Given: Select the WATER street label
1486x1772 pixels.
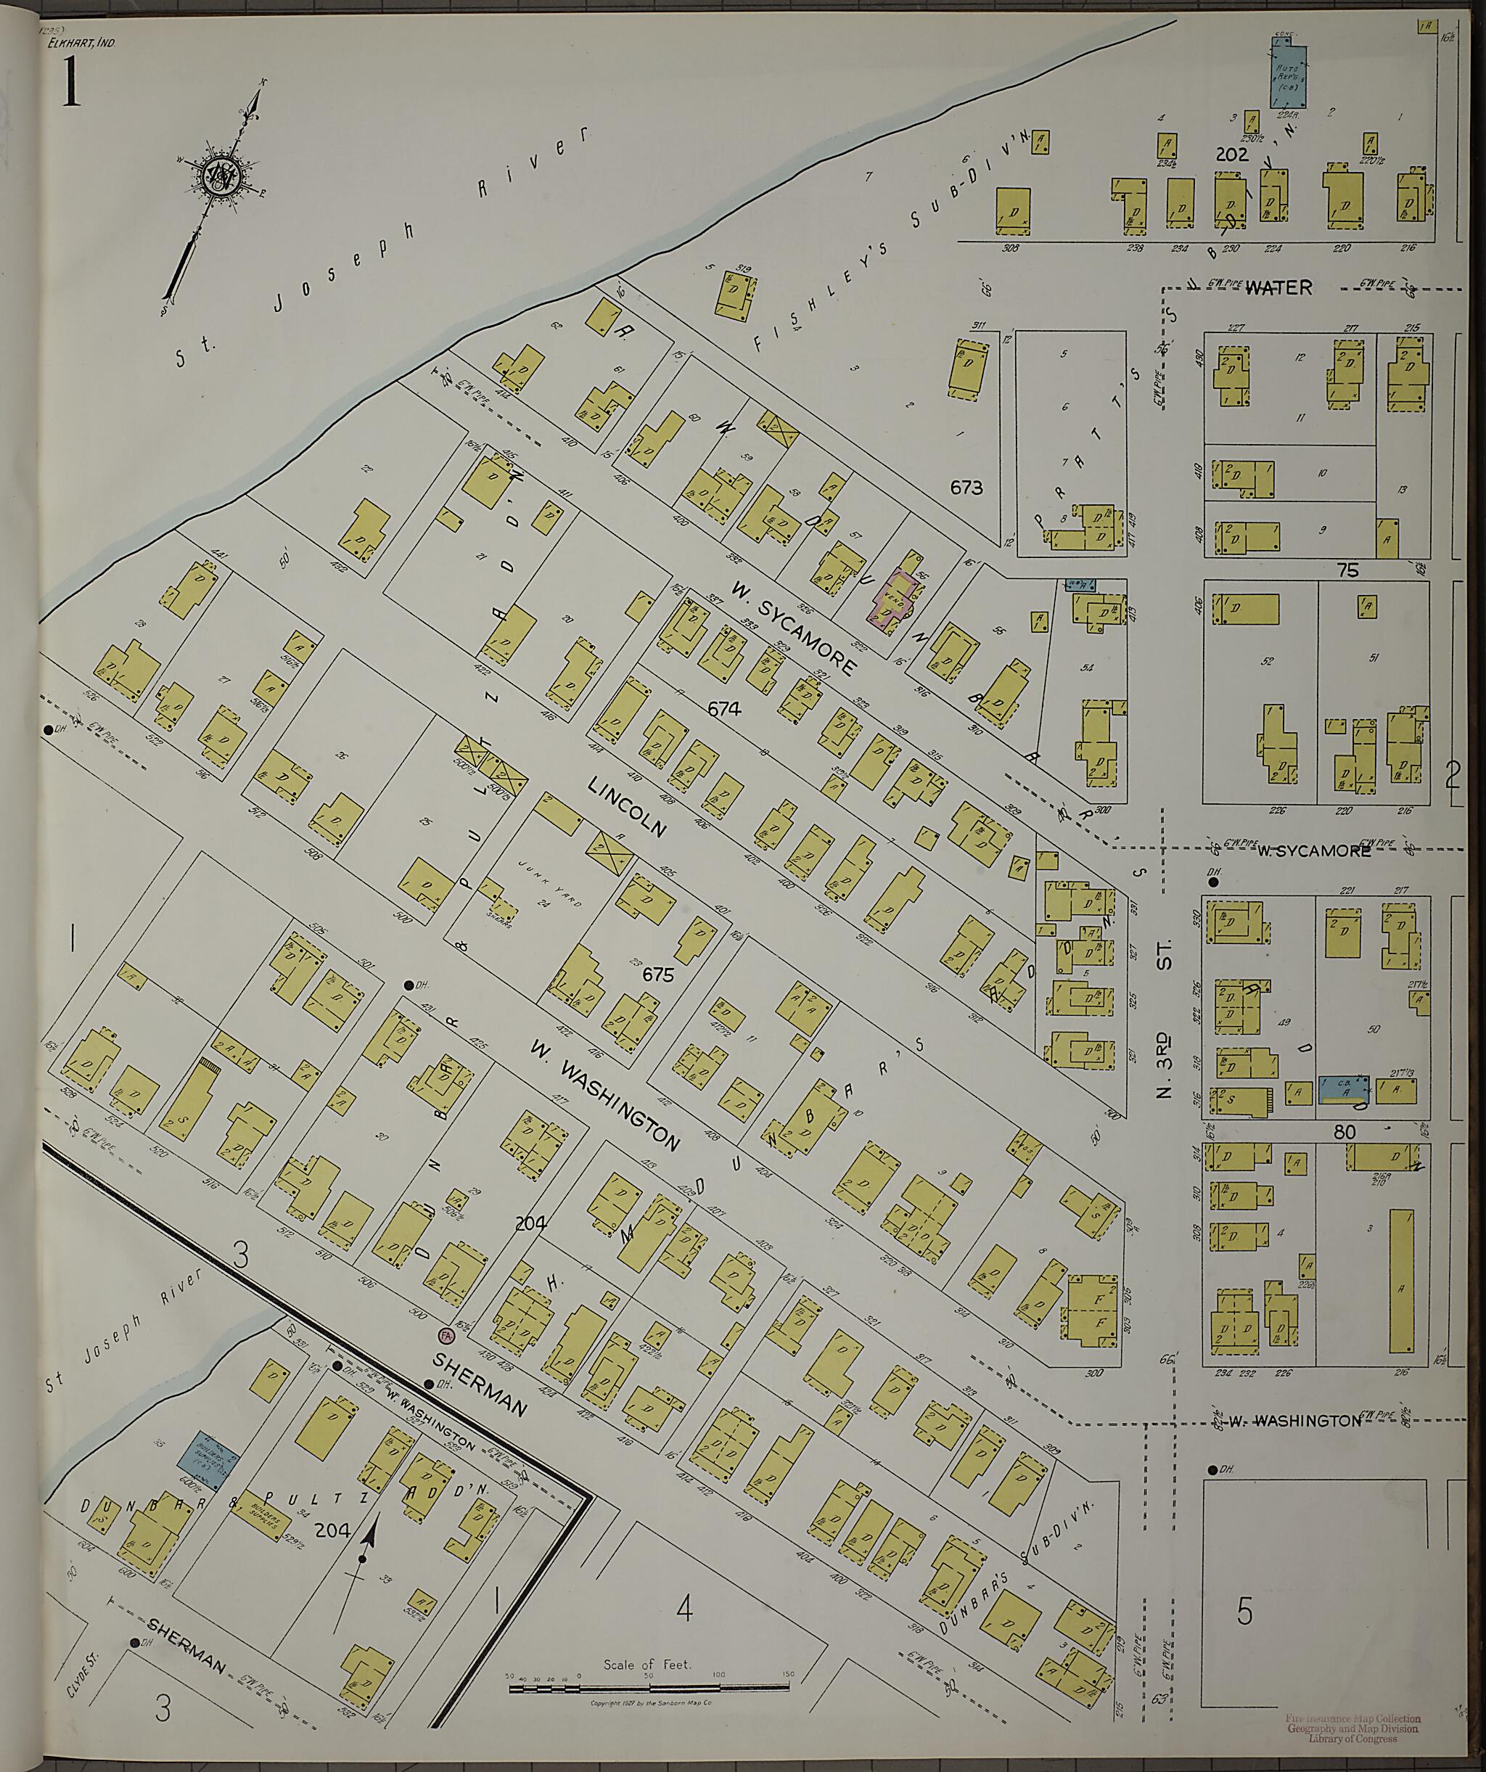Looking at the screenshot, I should pos(1278,288).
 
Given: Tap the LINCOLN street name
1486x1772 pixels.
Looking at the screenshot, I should pos(627,808).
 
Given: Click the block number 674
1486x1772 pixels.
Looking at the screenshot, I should pos(724,710).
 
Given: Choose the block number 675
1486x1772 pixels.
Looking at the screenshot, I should pos(658,975).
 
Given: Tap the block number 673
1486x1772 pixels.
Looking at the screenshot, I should pos(966,487).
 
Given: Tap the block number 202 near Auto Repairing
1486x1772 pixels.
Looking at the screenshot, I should pos(1231,155).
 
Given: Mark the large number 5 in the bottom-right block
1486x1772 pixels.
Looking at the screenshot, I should pos(1244,1612).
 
